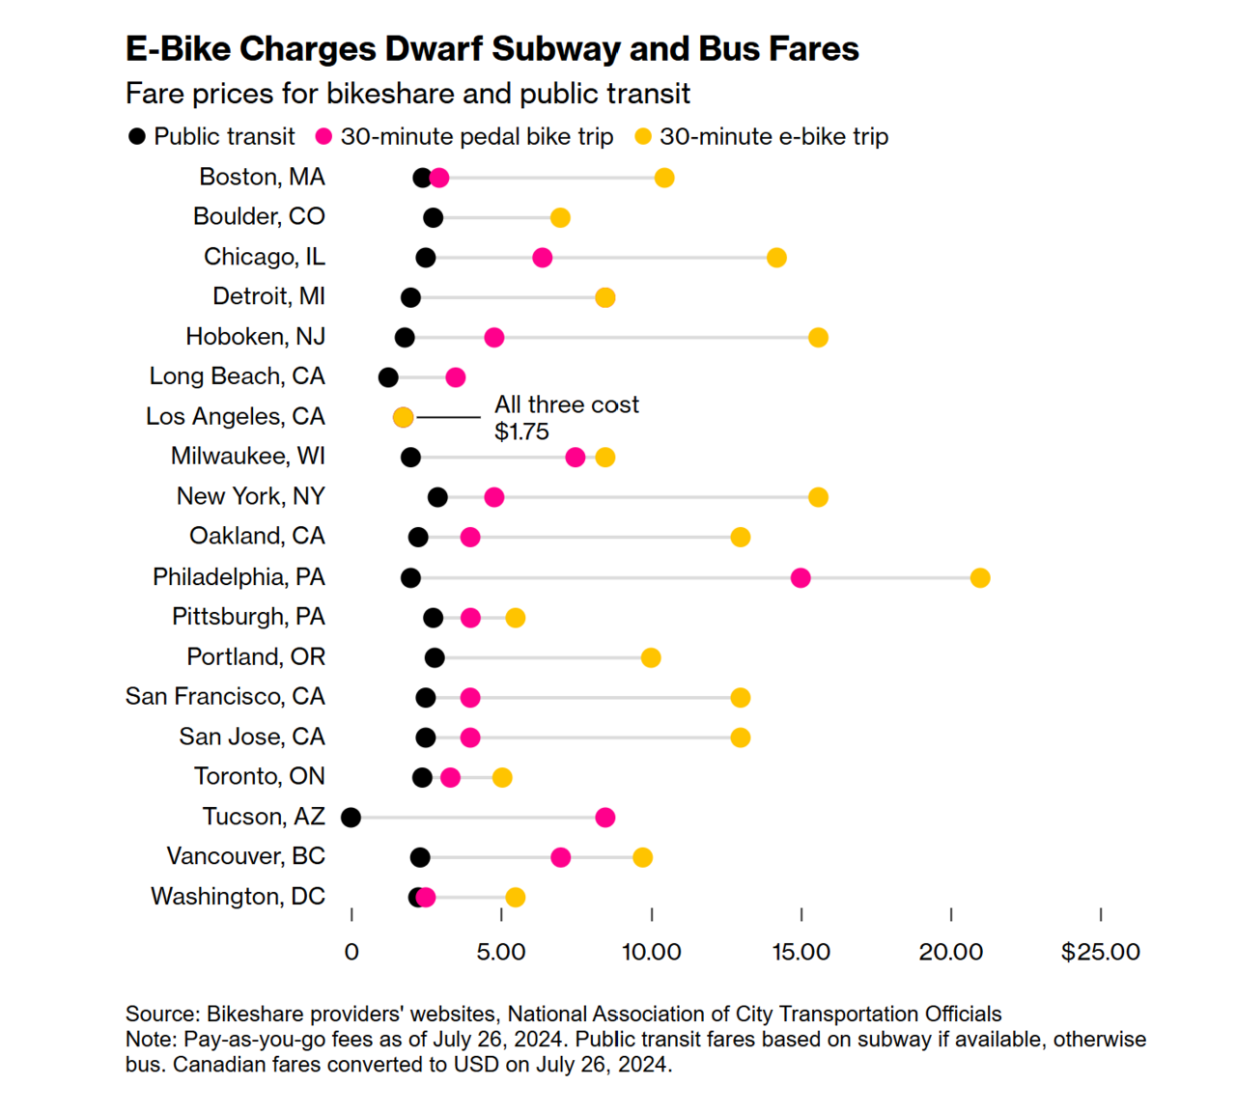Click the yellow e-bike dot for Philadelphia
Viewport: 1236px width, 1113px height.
(x=980, y=577)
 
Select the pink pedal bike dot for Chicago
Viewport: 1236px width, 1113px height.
(x=543, y=258)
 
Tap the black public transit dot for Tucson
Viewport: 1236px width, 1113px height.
(x=351, y=818)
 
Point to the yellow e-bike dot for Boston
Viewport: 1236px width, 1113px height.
(x=664, y=178)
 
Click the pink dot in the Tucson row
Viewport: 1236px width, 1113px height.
(x=605, y=818)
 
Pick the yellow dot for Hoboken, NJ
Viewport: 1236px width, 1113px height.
(x=818, y=337)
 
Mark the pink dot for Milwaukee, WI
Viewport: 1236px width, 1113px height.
(x=576, y=457)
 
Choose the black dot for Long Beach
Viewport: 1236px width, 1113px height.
(x=388, y=377)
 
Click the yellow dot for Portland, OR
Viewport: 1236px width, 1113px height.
(x=651, y=657)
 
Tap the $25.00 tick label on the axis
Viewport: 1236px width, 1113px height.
(x=1100, y=952)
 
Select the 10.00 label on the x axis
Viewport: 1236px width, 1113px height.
(x=651, y=952)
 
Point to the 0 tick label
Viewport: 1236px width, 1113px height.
(x=351, y=952)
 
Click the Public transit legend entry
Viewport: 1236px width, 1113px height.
(x=211, y=136)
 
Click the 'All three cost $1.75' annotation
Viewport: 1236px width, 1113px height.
(x=566, y=417)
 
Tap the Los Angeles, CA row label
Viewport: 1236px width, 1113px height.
(x=236, y=416)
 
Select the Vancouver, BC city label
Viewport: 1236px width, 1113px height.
(x=245, y=856)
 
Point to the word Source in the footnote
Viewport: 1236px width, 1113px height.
(x=160, y=1014)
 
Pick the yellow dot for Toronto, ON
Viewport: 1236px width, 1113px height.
(x=502, y=777)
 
